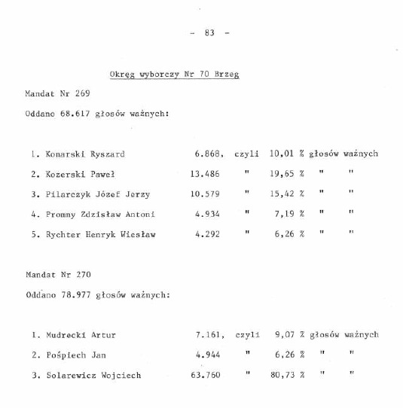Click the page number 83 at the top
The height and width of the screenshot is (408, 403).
(209, 32)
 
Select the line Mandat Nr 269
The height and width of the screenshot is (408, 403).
(57, 94)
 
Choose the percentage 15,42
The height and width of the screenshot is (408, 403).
(281, 194)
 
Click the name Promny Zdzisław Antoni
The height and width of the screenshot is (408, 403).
(99, 214)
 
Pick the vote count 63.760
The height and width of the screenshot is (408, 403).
(206, 375)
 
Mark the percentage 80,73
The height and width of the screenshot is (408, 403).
(281, 375)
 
